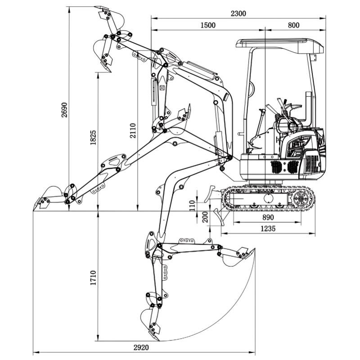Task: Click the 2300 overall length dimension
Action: [x=238, y=13]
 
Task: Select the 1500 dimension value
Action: [x=208, y=26]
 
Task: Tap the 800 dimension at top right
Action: [x=293, y=26]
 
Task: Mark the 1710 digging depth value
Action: [x=93, y=278]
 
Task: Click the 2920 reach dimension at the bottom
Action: [x=141, y=347]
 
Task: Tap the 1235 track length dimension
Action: [x=268, y=229]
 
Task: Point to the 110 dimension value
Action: [x=193, y=205]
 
